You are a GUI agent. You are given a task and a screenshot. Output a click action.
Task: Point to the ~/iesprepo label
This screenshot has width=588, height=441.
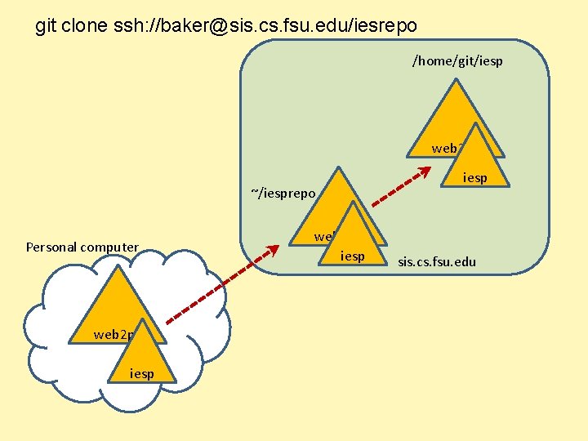click(283, 194)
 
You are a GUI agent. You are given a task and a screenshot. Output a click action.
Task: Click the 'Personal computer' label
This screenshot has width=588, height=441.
click(82, 247)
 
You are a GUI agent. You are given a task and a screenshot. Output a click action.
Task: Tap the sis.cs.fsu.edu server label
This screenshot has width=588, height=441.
click(437, 262)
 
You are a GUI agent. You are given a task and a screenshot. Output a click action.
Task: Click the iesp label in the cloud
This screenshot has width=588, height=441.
click(142, 373)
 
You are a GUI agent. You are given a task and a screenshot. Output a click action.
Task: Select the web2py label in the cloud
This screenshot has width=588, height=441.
click(114, 334)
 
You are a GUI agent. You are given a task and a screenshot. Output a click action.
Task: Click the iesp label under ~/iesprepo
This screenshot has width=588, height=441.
click(353, 256)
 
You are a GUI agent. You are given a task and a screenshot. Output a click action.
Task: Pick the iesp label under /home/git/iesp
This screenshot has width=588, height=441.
click(475, 177)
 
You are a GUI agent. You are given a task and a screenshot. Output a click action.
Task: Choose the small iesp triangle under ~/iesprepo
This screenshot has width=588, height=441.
click(353, 237)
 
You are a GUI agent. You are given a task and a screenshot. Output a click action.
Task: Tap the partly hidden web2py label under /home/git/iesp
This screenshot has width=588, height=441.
click(448, 148)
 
